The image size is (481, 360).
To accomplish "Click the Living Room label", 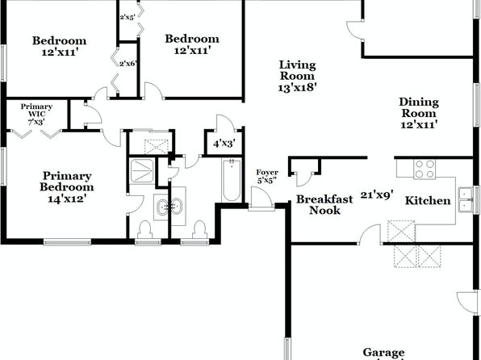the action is pos(297,70).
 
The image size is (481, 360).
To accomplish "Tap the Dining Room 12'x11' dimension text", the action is pos(419,124).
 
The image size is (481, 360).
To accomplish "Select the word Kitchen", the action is pos(428,200).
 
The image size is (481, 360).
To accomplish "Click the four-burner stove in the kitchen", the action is pos(425,170).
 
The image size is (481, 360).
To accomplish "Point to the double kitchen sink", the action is pos(466,199).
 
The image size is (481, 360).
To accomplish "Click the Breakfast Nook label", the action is pos(324,205).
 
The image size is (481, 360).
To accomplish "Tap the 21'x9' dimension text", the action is pos(377,195).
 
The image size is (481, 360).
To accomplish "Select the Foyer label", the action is pos(267,173).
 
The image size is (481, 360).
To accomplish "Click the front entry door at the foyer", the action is pos(261,199).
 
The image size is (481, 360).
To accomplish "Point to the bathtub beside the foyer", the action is pos(232,180).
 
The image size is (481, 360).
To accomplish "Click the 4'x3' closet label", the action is pos(224,144).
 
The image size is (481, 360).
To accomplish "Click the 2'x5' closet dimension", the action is pos(128,17).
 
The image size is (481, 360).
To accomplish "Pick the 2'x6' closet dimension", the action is pos(128,64).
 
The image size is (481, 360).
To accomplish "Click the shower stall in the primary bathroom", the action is pos(142,171).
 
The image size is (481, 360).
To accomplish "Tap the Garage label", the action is pos(383,353).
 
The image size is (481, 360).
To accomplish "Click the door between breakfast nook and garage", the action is pos(370,234).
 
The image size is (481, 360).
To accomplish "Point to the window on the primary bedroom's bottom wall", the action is pos(67,242).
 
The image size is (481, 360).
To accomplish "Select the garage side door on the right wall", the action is pos(467,303).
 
